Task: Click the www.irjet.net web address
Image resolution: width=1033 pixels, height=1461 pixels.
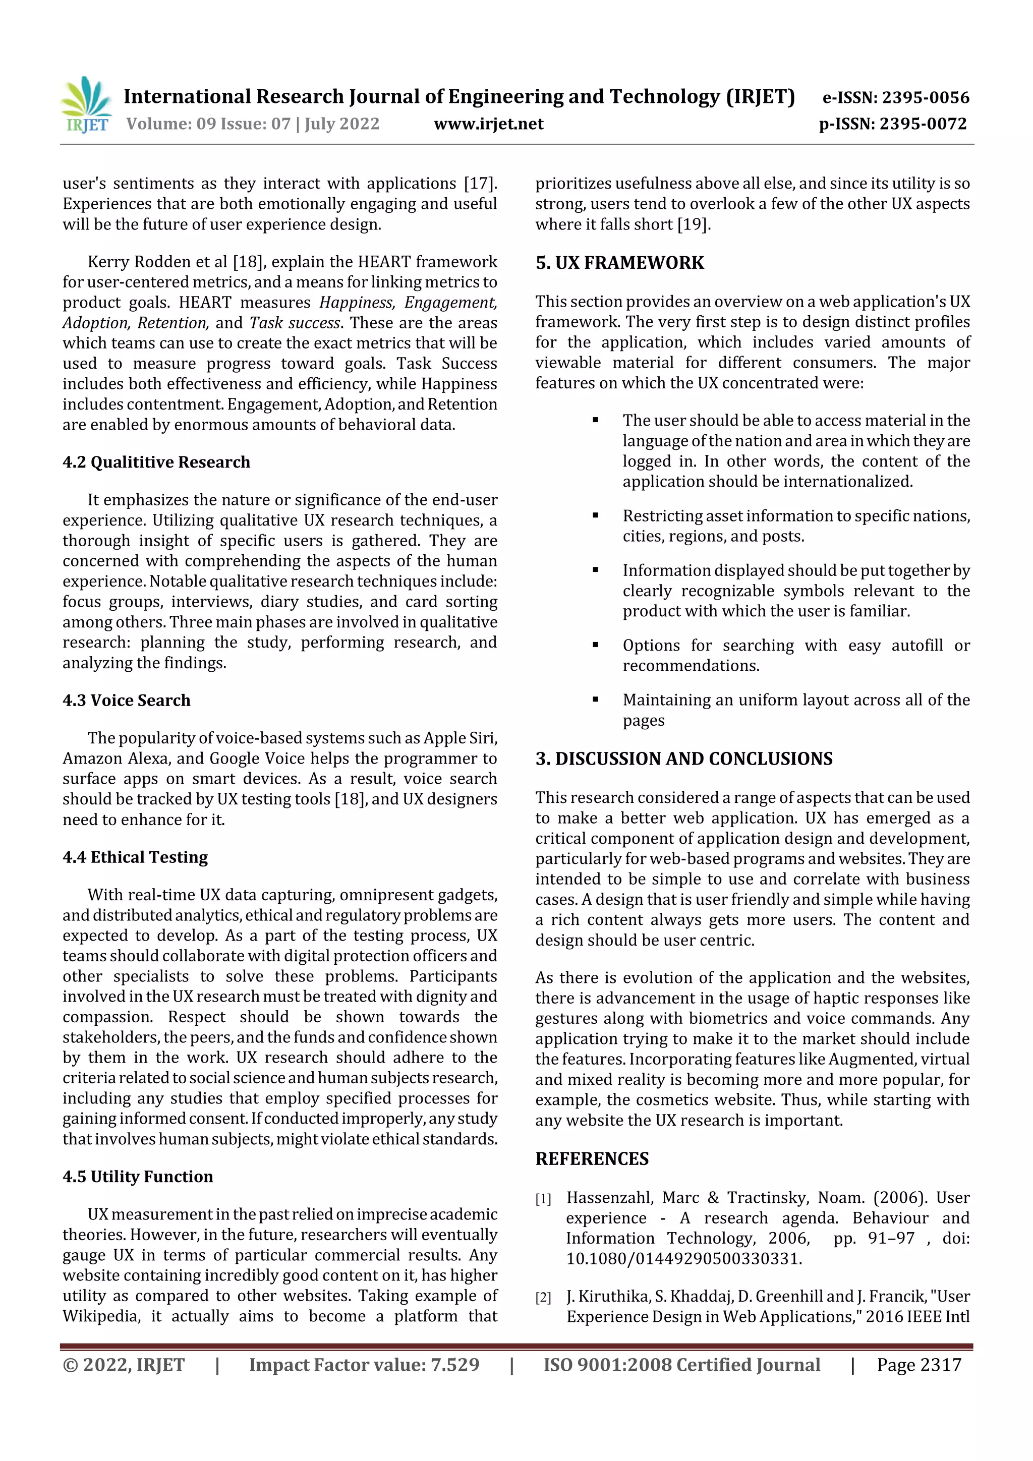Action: coord(488,124)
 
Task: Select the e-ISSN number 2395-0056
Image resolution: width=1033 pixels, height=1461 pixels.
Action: coord(925,97)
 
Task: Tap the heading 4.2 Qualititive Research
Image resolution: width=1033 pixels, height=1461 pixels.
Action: coord(156,462)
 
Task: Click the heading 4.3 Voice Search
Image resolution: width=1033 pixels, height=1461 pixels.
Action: coord(126,700)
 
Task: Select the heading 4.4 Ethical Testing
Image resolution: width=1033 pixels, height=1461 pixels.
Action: coord(135,857)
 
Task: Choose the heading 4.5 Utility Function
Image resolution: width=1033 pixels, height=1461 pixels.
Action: coord(138,1177)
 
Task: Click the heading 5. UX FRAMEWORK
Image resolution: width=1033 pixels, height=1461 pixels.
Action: coord(619,263)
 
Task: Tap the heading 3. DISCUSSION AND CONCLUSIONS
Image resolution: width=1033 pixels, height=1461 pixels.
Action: coord(683,758)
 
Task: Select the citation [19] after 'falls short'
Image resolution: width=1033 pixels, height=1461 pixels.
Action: coord(693,224)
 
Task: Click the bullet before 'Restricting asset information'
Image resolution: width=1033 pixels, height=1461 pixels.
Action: coord(595,515)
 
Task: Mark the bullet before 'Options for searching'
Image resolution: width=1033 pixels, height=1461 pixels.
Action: coord(595,645)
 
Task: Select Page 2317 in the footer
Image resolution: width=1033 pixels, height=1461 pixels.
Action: coord(919,1365)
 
